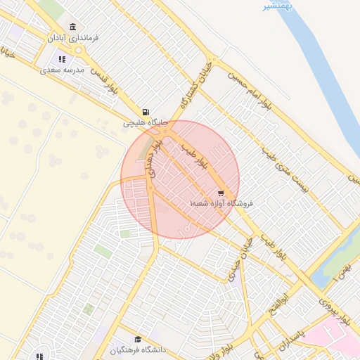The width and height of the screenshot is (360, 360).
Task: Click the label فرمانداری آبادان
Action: [73, 37]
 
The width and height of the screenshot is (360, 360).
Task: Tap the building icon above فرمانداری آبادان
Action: [73, 27]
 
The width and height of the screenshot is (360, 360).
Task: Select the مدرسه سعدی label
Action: [63, 70]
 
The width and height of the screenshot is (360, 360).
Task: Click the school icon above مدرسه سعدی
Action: [63, 60]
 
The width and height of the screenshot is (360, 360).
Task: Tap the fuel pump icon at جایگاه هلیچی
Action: [146, 112]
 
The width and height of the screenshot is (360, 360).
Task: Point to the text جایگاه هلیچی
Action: [146, 122]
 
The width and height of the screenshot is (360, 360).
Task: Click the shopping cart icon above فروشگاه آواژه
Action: [221, 193]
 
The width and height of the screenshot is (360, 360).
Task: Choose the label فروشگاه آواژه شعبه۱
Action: [221, 203]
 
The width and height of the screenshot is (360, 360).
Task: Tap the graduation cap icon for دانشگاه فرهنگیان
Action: [138, 339]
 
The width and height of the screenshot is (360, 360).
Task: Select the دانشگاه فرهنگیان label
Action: [138, 349]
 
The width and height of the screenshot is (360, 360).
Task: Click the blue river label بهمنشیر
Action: [278, 6]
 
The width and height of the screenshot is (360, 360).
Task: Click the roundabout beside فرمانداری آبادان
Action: [75, 51]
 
